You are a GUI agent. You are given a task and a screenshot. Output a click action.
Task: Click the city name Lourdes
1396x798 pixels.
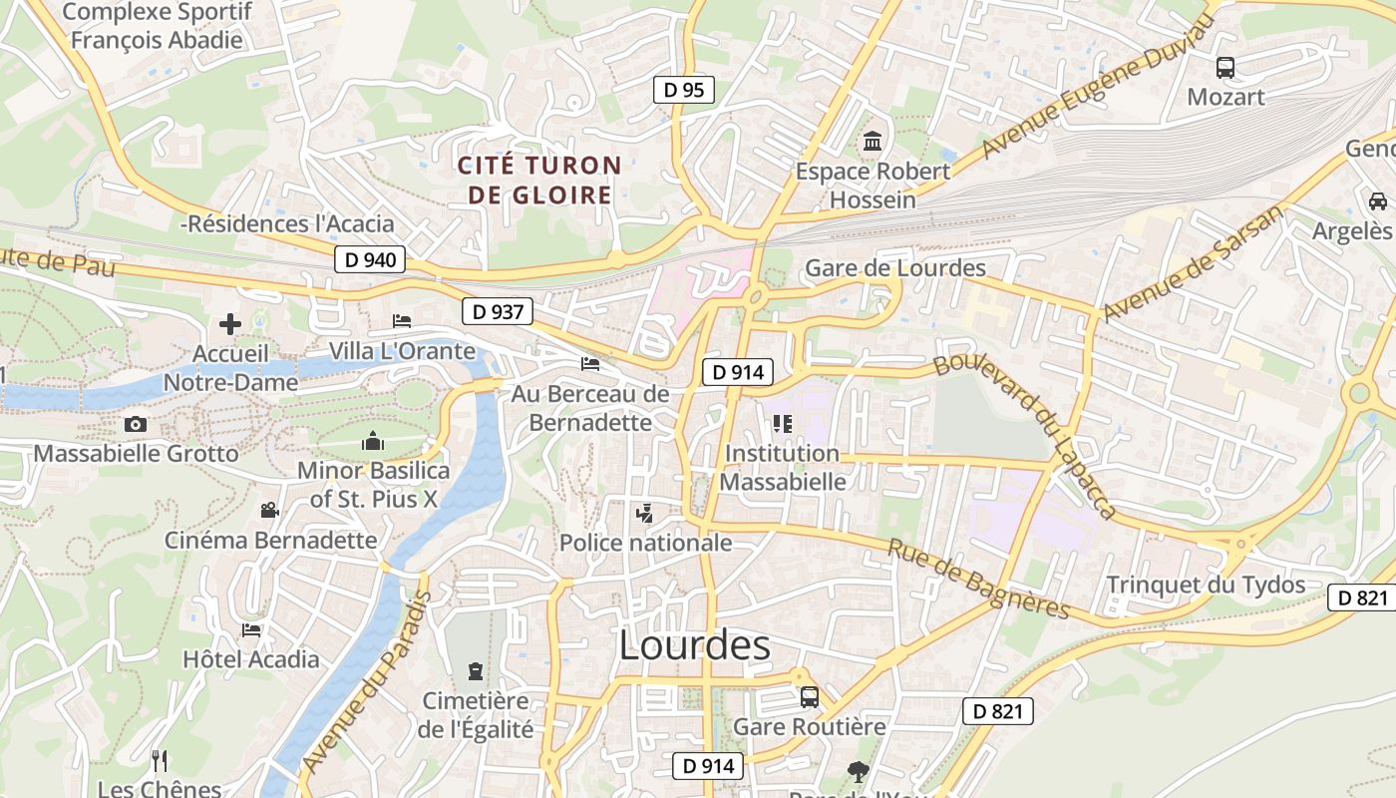tap(694, 645)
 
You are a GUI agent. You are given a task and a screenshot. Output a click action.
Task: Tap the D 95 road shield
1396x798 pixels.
tap(684, 90)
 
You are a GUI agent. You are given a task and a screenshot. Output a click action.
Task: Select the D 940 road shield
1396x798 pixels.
tap(370, 260)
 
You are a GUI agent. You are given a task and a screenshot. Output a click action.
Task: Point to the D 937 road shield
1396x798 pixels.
tap(498, 312)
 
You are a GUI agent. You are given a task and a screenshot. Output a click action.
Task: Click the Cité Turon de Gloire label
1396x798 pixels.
tap(539, 180)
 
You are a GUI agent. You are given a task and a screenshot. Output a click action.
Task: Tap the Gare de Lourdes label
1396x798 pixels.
tap(894, 267)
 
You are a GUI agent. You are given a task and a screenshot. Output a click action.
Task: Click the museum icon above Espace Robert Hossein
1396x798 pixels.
tap(872, 141)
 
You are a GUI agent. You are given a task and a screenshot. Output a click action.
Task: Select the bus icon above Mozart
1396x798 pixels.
tap(1224, 68)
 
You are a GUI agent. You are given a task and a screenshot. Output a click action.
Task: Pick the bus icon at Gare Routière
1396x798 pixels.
tap(809, 696)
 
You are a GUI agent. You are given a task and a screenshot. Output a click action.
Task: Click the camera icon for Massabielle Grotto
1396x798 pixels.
tap(136, 425)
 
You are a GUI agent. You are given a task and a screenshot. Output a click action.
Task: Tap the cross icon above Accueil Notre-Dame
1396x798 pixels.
tap(230, 324)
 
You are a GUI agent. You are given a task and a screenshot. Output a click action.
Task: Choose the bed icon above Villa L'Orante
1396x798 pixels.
tap(402, 321)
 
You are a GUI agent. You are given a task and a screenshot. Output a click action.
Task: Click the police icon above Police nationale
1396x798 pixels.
tap(645, 515)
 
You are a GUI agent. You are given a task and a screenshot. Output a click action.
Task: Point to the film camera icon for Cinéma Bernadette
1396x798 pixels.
tap(269, 511)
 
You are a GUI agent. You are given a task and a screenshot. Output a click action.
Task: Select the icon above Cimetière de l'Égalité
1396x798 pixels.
tap(475, 670)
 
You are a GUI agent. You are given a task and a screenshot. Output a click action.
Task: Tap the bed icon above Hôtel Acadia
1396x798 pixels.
tap(251, 630)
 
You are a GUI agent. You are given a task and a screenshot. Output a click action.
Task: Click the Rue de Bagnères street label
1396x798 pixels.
tap(978, 580)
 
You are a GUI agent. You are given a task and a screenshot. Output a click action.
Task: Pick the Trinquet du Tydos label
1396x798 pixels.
tap(1206, 585)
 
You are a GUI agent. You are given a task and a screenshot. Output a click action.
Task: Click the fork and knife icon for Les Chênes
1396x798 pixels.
tap(160, 760)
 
